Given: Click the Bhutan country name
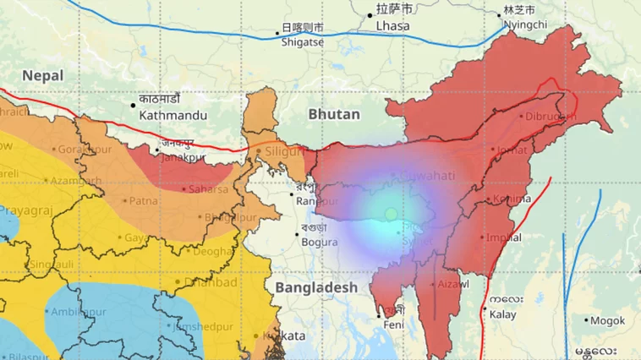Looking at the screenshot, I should coord(334,114).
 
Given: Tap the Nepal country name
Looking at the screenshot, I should coord(43,75).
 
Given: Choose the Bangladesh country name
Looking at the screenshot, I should coord(316,288).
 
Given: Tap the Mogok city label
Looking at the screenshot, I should coord(609,321).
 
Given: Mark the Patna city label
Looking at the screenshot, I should coord(142,201).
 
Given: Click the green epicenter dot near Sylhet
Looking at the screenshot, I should coord(391,215).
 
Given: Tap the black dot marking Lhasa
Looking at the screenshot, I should coord(370,15).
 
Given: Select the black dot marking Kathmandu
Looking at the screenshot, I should coord(133,106).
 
